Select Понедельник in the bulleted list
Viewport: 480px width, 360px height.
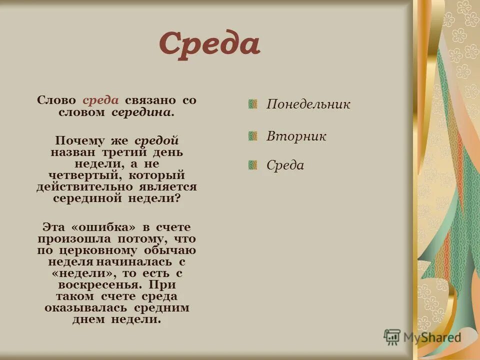coord(308,104)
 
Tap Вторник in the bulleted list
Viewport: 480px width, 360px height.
coord(296,136)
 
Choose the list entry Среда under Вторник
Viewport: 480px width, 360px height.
coord(285,165)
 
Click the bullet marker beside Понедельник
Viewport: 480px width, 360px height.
coord(253,104)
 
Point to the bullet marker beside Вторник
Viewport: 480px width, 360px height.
coord(253,135)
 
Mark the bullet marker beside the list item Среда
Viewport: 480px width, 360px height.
coord(253,164)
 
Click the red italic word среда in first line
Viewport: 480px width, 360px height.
coord(100,100)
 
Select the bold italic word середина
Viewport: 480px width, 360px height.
coord(143,112)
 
